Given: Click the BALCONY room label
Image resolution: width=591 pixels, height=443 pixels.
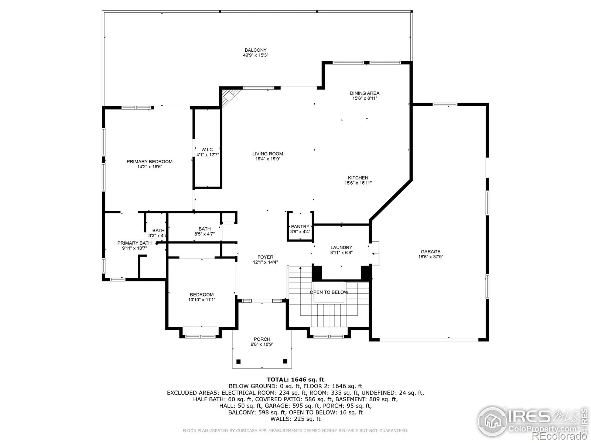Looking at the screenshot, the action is [x=255, y=50].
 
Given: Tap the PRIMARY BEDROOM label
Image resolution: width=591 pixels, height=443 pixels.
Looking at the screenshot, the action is [x=150, y=161].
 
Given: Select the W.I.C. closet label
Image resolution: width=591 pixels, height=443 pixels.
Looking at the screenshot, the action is [x=207, y=150].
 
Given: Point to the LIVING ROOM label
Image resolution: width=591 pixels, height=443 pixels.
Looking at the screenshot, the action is [x=267, y=154].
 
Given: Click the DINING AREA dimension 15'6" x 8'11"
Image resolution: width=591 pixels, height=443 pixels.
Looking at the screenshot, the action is [x=365, y=98].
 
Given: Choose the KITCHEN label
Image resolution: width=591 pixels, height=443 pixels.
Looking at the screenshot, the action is [x=358, y=178].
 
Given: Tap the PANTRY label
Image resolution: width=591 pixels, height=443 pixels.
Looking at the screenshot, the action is [x=300, y=226].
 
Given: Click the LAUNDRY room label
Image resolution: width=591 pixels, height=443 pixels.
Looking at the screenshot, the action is [x=341, y=247].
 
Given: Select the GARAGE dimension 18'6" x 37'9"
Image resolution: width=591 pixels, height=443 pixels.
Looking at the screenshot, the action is [x=430, y=257].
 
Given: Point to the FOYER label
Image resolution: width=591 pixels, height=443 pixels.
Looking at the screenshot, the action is [x=265, y=257].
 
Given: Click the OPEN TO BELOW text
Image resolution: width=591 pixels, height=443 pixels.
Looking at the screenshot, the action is [x=329, y=292].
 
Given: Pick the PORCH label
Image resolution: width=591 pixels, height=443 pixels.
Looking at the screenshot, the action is [x=262, y=339].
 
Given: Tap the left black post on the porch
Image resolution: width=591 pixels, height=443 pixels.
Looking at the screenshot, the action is [x=238, y=361].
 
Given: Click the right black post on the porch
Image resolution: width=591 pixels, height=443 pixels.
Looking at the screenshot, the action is [x=285, y=361].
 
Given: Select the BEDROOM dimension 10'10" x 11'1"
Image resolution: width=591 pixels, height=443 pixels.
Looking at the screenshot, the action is [x=202, y=300].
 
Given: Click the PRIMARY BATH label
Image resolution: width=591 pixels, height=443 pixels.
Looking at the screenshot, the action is [x=134, y=243].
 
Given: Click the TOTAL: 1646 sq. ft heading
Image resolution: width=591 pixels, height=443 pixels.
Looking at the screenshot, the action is [x=295, y=380].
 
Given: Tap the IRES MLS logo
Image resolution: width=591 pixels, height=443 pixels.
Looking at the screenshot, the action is [x=532, y=422].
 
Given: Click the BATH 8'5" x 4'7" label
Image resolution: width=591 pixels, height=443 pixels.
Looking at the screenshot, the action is [x=204, y=231].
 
